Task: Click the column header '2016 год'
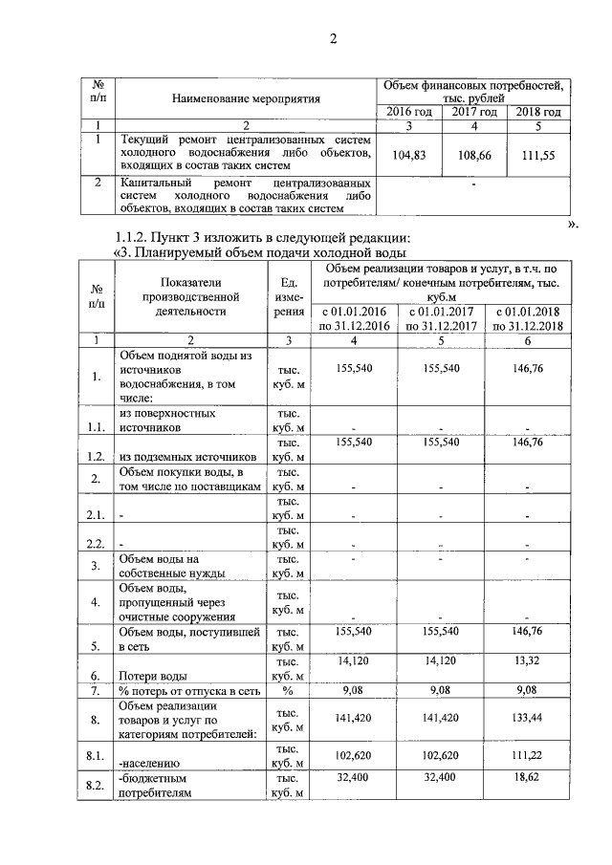click(408, 113)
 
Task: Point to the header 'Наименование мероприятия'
click(246, 98)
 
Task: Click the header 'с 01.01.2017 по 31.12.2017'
click(441, 319)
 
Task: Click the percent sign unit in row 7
click(287, 690)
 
